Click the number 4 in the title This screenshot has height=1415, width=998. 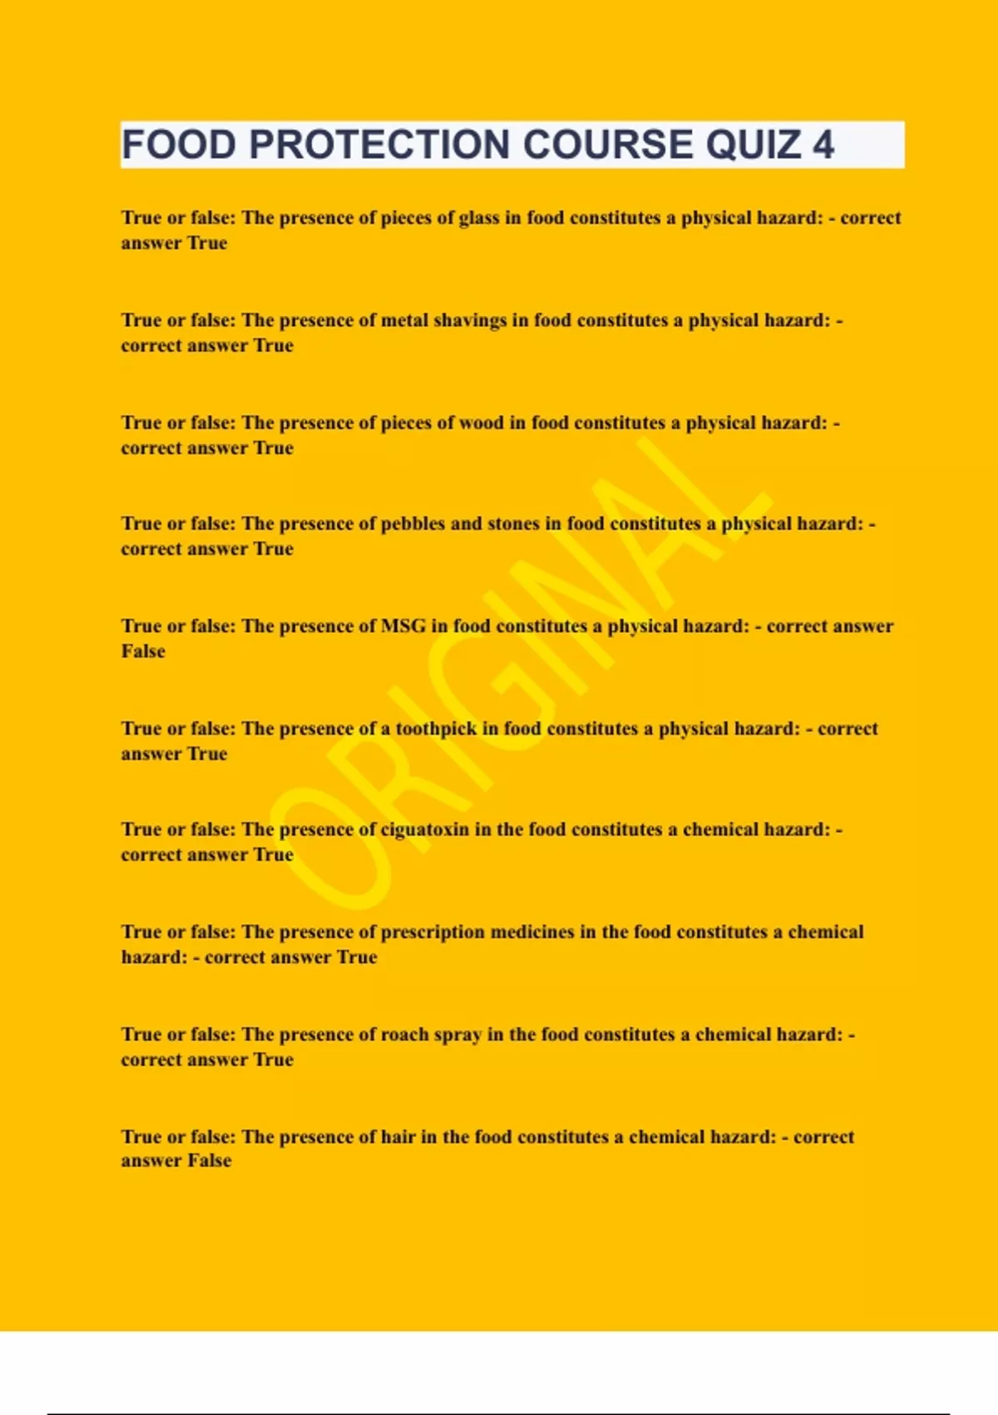pos(823,145)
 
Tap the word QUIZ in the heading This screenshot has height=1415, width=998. pos(753,145)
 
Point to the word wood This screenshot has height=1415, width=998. pos(482,423)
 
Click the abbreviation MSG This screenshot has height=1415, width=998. pos(403,626)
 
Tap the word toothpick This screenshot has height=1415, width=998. pos(436,729)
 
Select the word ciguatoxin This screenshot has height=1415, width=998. pos(424,830)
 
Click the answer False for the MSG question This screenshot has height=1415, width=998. pos(143,652)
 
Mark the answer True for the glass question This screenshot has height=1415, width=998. pos(207,243)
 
